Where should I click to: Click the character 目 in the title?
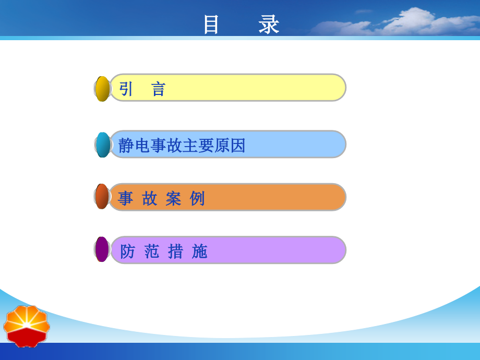(211, 25)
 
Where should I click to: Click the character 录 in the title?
(269, 25)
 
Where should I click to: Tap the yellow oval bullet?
(102, 89)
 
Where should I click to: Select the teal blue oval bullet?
(103, 145)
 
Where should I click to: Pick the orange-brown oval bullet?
(102, 197)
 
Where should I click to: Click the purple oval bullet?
(102, 249)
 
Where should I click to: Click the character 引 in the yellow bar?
(126, 89)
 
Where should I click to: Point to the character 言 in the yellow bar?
(158, 89)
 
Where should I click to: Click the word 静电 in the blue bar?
(134, 146)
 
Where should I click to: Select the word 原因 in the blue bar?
(230, 146)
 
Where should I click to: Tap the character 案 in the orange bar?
(174, 199)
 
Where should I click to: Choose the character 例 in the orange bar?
(197, 199)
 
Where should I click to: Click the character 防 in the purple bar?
(128, 251)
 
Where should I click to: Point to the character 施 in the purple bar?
(199, 251)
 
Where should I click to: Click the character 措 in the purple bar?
(175, 251)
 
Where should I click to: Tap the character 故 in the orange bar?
(150, 199)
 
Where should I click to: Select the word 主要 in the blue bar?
(198, 146)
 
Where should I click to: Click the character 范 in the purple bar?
(152, 251)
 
